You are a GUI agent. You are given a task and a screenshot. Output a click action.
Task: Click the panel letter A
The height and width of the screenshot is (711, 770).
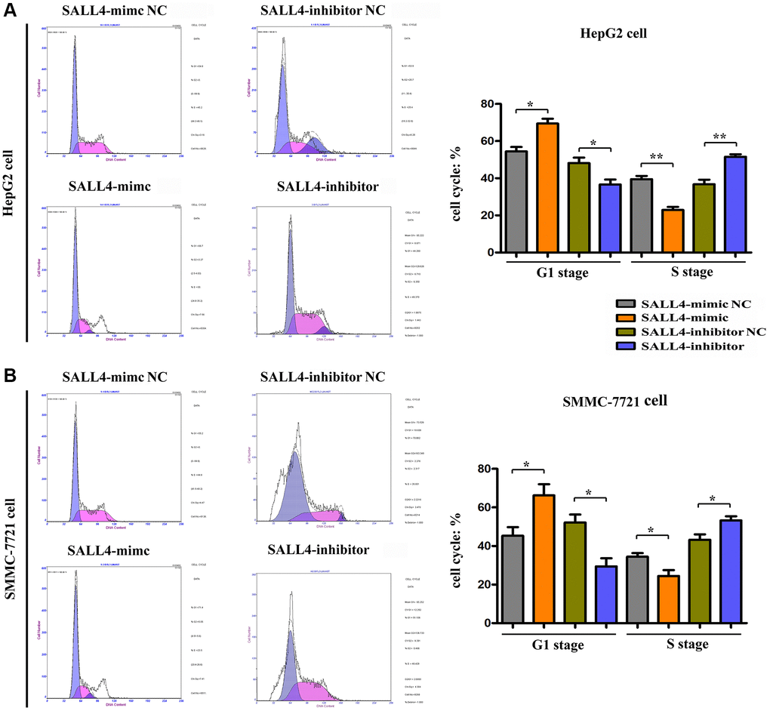tap(11, 10)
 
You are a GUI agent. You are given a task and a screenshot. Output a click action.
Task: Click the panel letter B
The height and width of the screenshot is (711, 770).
tap(10, 374)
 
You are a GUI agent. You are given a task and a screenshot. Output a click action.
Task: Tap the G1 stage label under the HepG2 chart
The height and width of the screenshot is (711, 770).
tap(558, 272)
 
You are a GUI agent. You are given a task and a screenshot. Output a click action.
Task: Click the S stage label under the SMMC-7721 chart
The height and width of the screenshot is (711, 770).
tap(684, 644)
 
